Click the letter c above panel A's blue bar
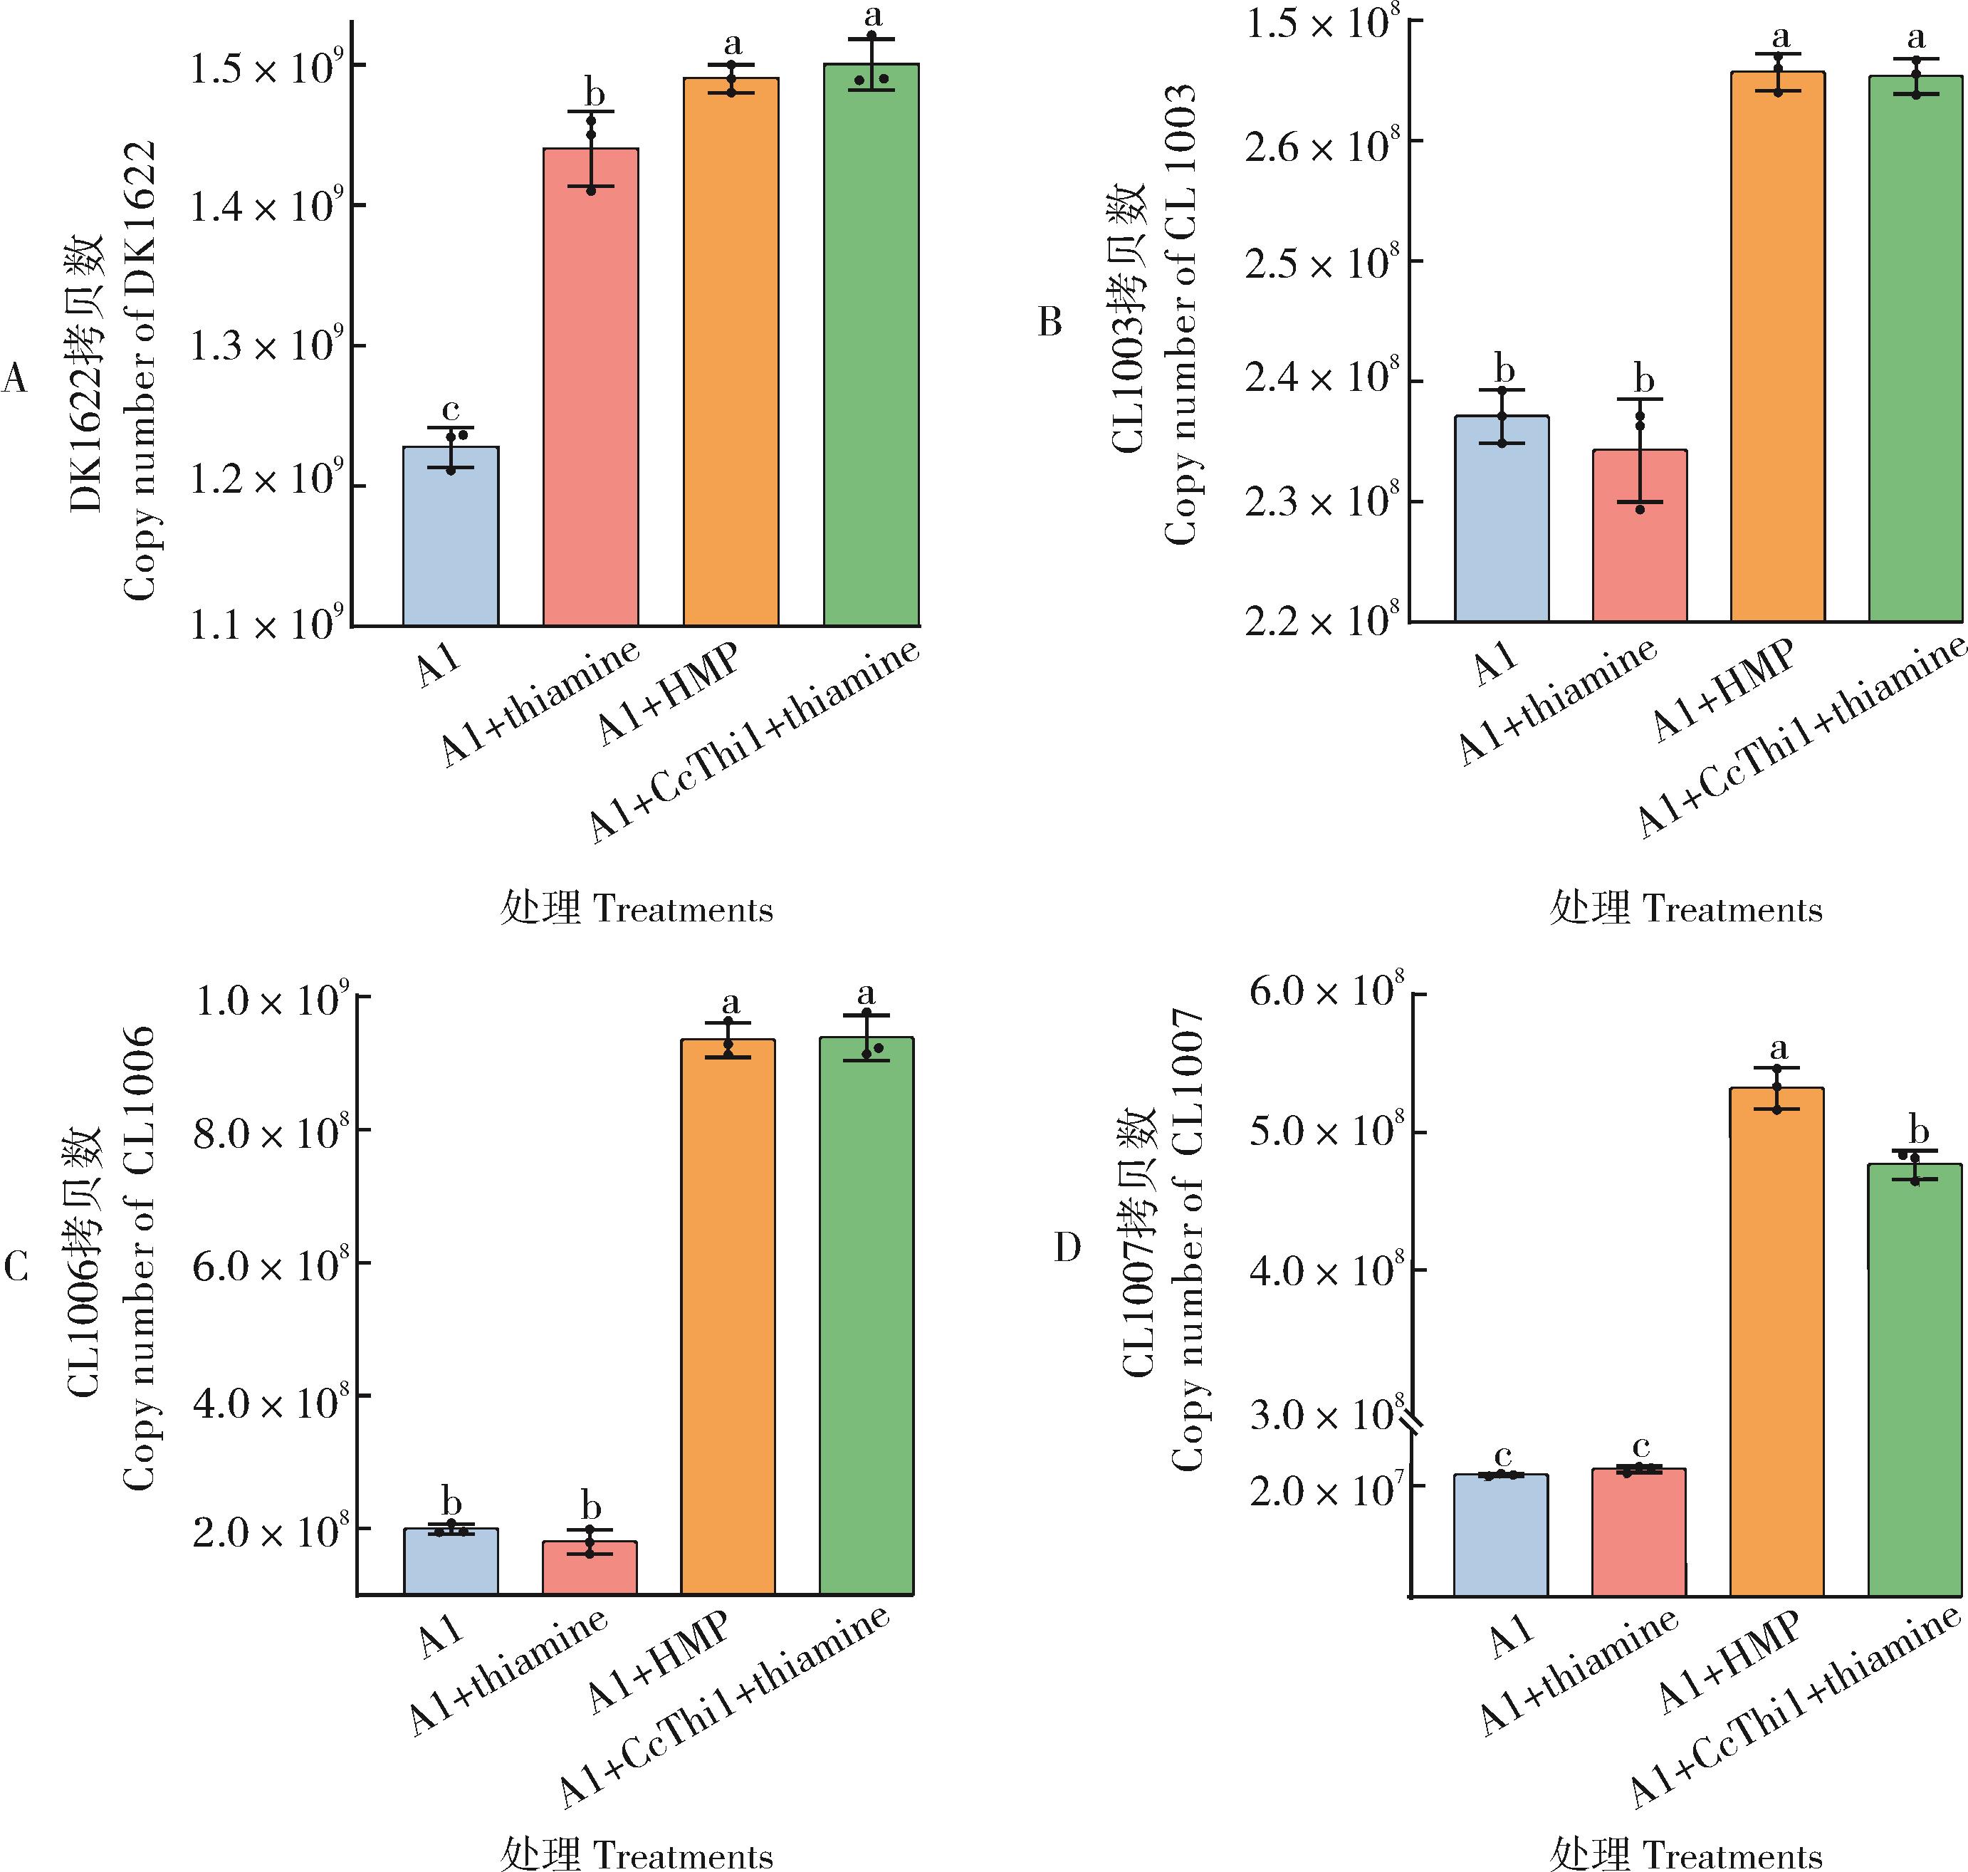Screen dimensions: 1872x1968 point(450,409)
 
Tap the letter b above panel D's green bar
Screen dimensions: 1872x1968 point(1918,1131)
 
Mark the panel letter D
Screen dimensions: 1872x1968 point(1067,1248)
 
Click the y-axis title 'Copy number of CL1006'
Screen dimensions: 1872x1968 point(139,1260)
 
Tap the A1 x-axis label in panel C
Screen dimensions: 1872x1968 point(440,1636)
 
